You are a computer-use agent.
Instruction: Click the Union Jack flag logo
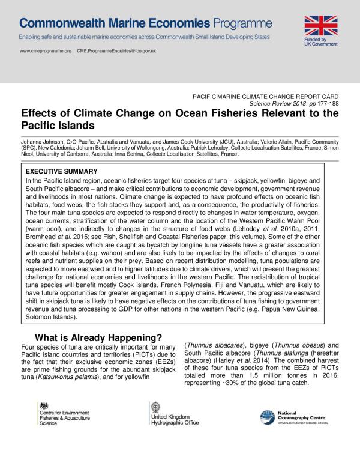tap(325, 25)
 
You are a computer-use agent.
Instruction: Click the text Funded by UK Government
tap(324, 44)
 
